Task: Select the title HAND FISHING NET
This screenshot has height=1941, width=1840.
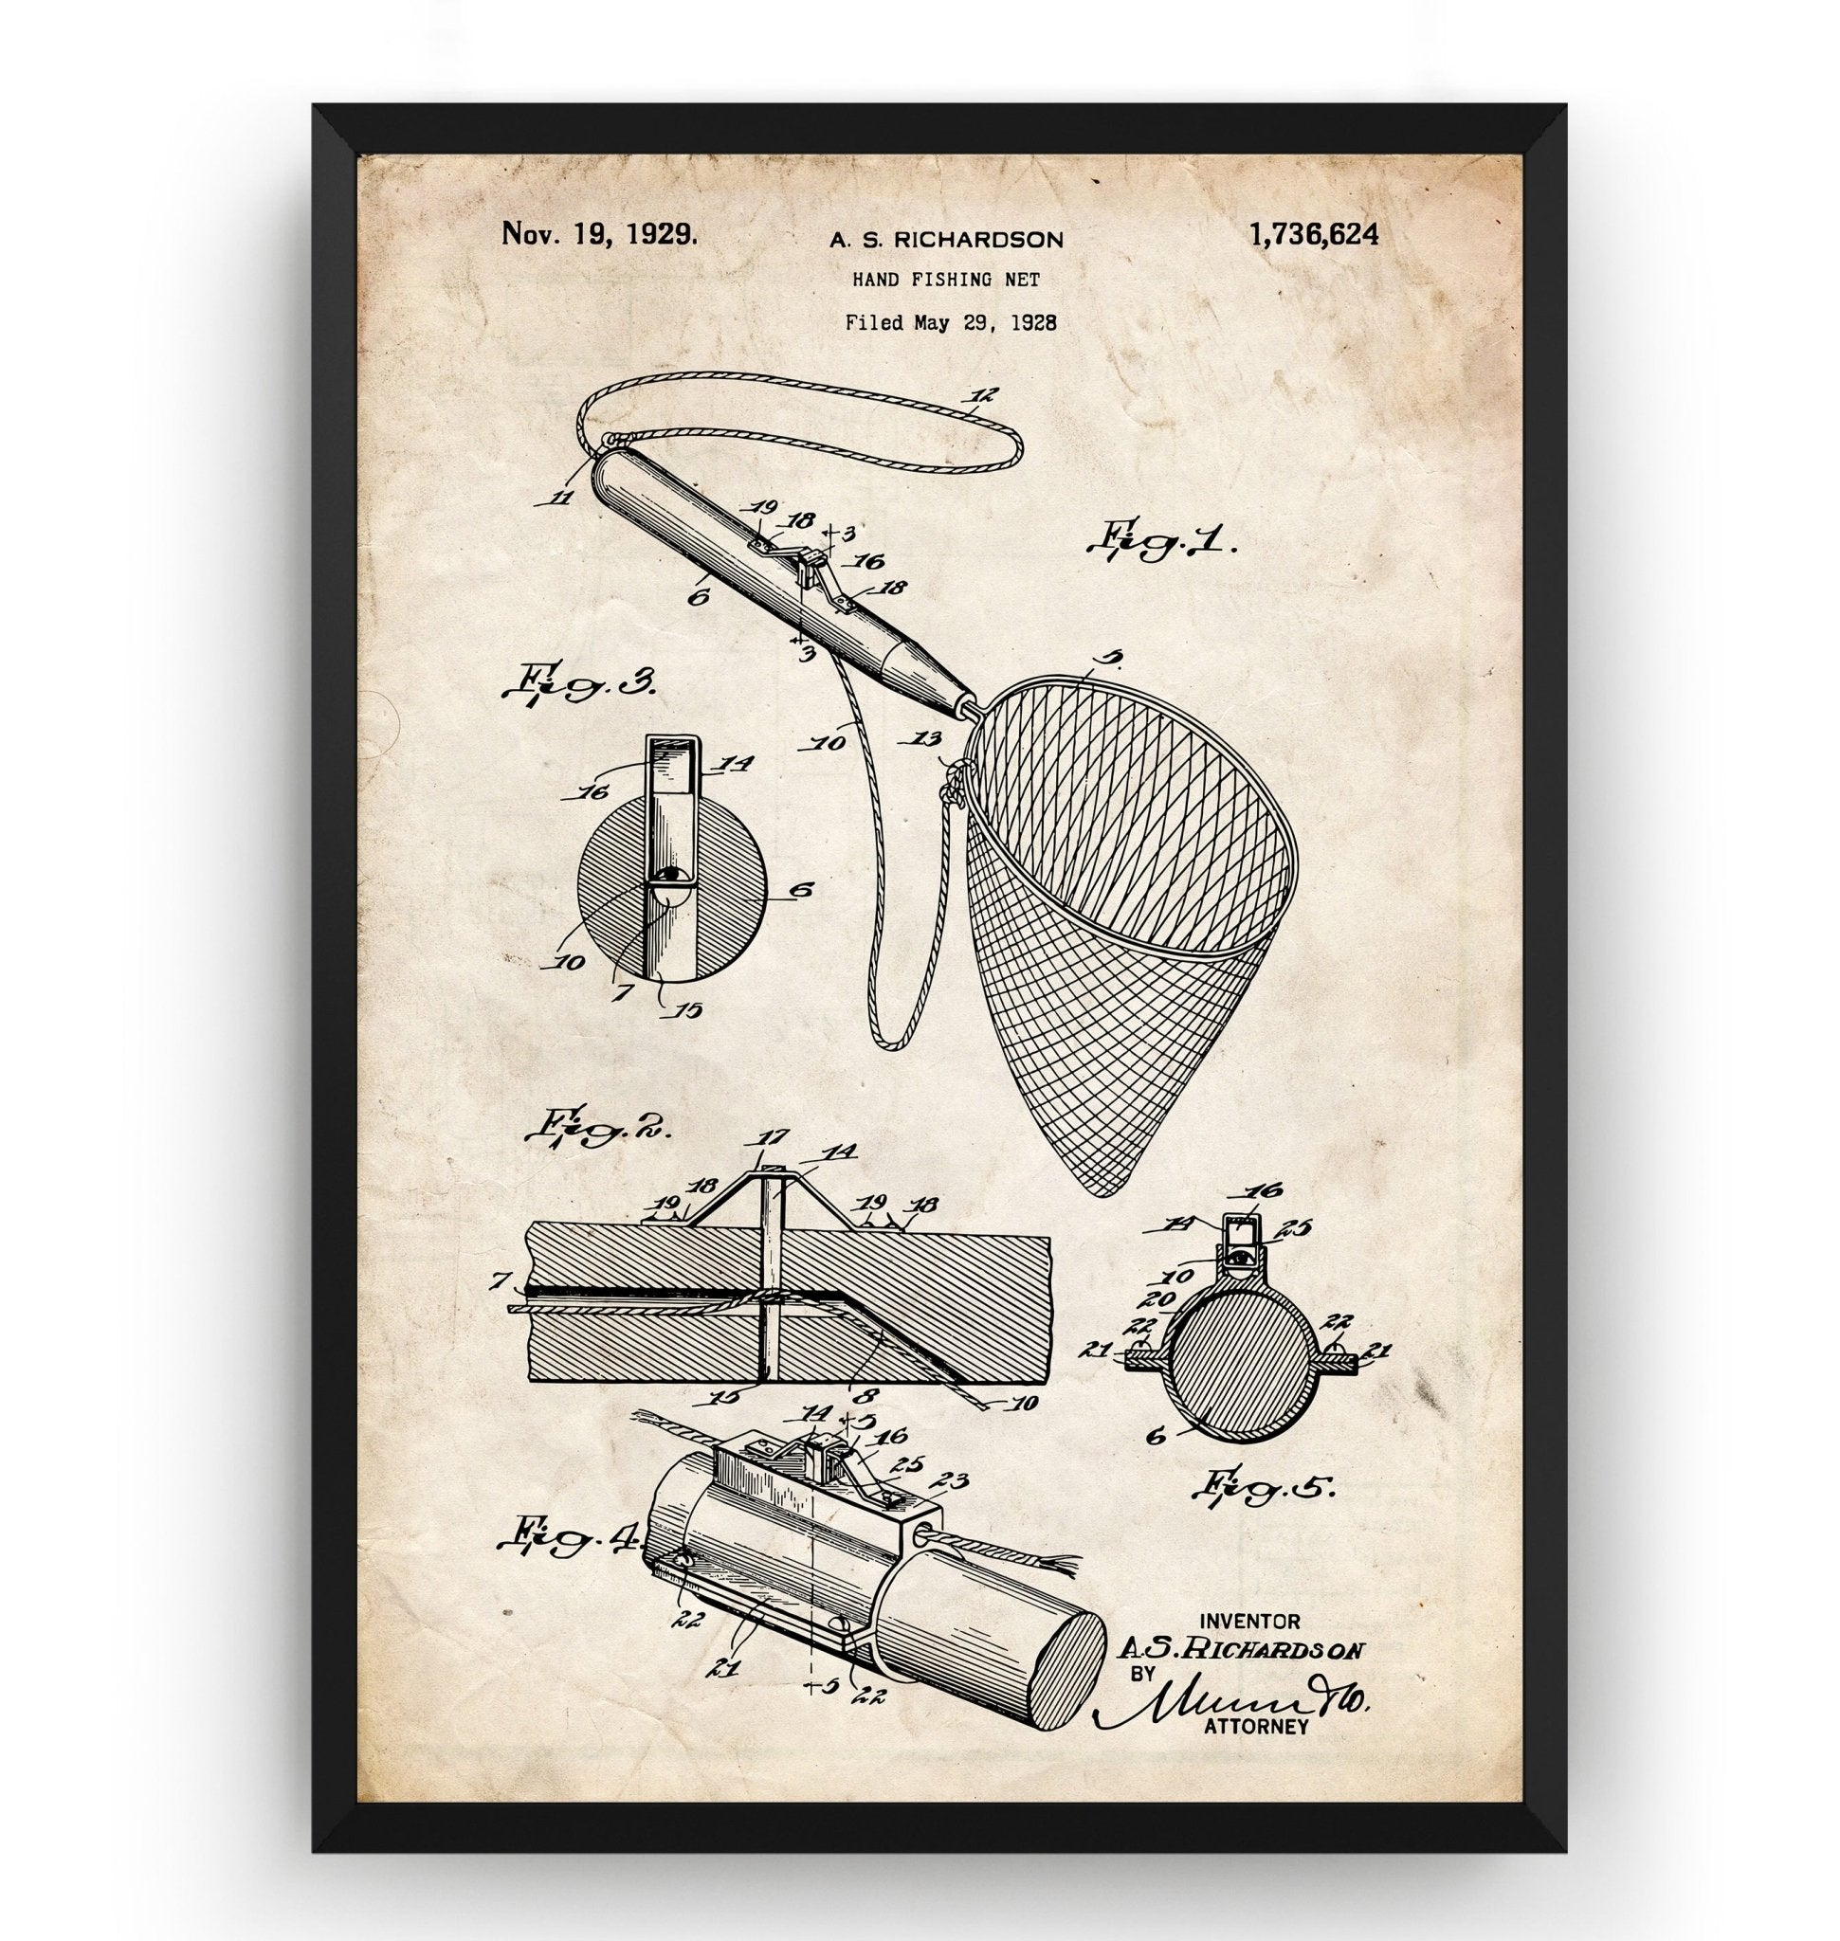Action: pyautogui.click(x=945, y=281)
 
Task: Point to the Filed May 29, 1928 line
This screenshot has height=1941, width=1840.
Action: pyautogui.click(x=951, y=322)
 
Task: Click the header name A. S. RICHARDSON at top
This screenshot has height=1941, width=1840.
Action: pyautogui.click(x=944, y=238)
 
